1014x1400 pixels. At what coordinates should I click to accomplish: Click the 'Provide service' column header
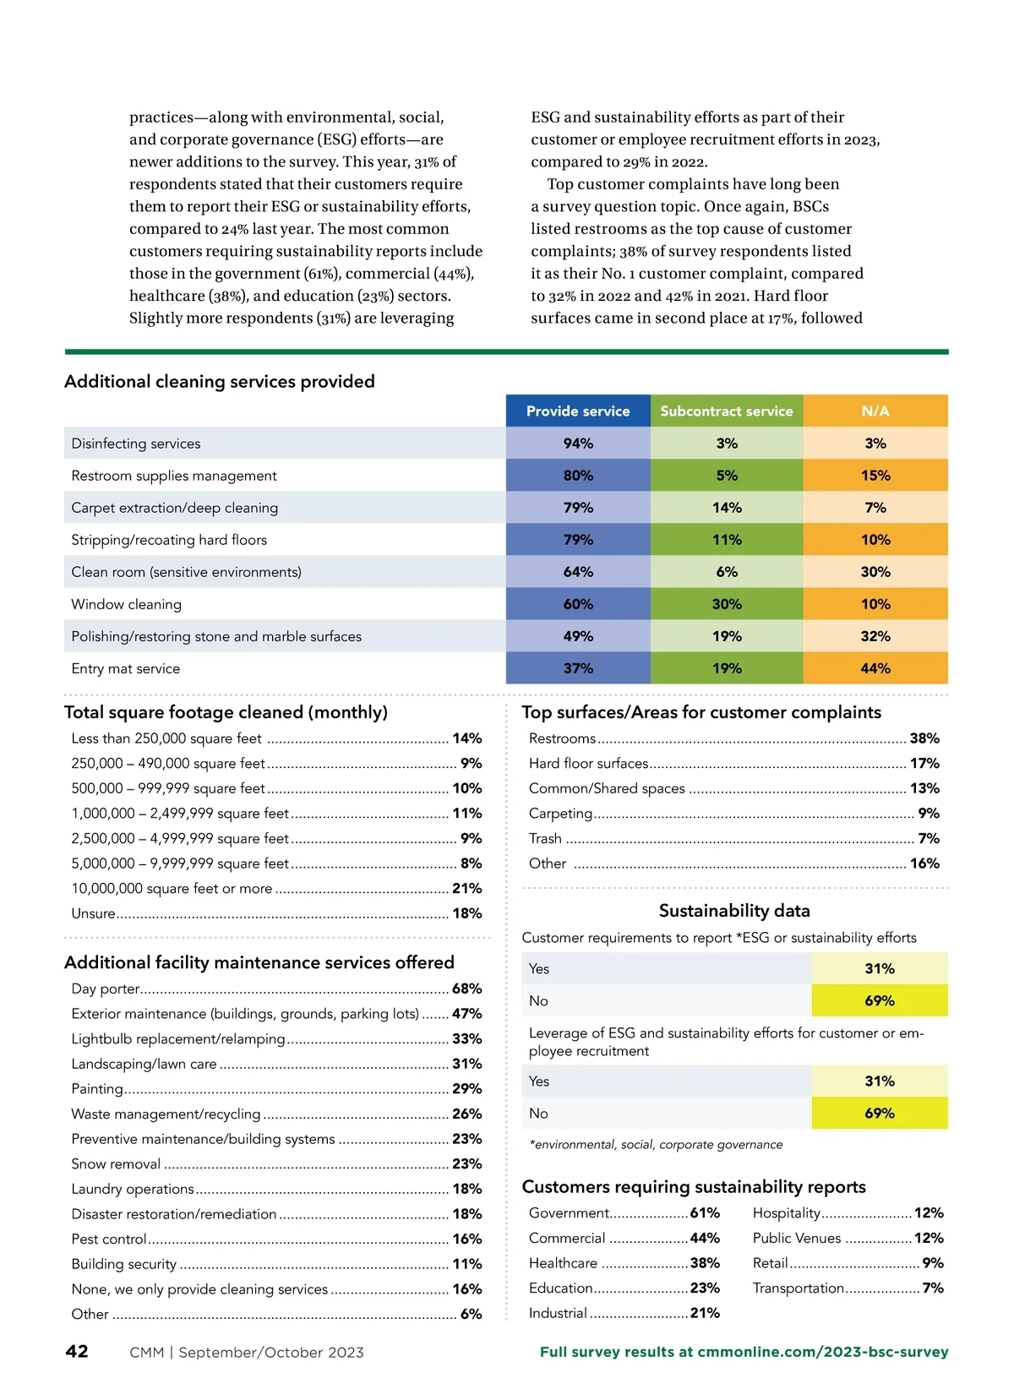(578, 411)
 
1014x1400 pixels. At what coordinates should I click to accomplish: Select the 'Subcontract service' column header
(727, 411)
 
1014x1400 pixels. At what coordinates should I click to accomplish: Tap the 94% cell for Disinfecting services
(578, 443)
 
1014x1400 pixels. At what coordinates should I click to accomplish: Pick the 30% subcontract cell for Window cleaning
(727, 604)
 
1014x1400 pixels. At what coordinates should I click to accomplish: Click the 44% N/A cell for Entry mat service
(875, 668)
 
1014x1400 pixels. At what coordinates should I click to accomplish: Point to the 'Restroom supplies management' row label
(174, 476)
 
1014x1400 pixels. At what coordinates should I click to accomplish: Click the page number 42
(77, 1351)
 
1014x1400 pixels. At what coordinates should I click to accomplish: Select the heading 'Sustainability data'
(734, 910)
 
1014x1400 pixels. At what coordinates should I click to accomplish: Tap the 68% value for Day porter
(466, 989)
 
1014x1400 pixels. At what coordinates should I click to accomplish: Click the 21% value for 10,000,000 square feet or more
(466, 888)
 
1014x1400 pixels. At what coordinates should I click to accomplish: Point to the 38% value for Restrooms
(924, 738)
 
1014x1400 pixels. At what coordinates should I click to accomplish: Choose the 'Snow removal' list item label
(116, 1163)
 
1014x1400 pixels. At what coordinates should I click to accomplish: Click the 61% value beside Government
(705, 1212)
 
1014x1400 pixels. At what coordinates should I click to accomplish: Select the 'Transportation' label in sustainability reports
(799, 1288)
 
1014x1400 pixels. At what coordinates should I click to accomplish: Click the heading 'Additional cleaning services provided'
(220, 381)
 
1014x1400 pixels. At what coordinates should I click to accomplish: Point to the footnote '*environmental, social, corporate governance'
(656, 1144)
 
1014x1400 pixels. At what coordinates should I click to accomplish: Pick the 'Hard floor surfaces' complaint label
(588, 763)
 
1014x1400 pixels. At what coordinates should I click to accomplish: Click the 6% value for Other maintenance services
(471, 1314)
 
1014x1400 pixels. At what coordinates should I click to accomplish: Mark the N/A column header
(875, 411)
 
